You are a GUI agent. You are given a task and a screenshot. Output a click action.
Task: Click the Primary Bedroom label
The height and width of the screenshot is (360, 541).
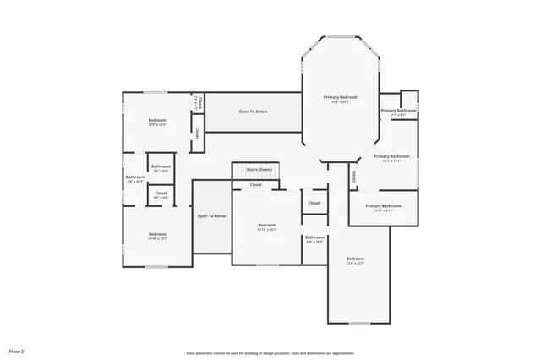[x=341, y=98]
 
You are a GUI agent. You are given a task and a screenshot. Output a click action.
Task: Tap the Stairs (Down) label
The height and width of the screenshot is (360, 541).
[x=259, y=170]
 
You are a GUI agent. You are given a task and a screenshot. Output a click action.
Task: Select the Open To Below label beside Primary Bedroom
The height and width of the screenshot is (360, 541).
[x=254, y=112]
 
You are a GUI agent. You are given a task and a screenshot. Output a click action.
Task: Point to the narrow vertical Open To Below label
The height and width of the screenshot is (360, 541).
[x=211, y=216]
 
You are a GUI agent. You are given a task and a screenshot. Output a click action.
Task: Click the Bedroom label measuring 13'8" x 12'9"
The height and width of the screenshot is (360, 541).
[x=157, y=121]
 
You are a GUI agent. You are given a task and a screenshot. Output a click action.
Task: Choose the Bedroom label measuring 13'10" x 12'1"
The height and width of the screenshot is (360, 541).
[x=157, y=234]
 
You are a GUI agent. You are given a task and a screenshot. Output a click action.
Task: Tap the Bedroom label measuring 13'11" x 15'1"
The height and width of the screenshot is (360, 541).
[x=267, y=226]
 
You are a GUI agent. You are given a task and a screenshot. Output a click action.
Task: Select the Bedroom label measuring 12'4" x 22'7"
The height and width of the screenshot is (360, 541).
[x=355, y=259]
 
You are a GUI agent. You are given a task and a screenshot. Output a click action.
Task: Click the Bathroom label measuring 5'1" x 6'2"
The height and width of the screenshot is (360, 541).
[x=161, y=167]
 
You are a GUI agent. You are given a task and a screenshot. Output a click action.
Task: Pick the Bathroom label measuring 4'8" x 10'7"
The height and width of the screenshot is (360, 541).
[x=135, y=177]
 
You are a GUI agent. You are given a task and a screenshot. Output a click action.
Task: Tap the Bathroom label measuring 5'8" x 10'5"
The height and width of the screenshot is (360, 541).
[x=314, y=238]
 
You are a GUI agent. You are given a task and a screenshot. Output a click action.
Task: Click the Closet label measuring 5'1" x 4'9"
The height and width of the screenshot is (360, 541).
[x=161, y=194]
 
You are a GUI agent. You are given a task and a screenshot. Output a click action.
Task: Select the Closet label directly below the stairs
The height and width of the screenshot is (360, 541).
[x=255, y=184]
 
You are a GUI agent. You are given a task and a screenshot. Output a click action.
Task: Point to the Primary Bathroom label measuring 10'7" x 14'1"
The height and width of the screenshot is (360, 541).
[x=391, y=157]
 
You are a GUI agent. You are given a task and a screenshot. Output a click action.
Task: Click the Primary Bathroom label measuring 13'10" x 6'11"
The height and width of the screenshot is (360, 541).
[x=383, y=207]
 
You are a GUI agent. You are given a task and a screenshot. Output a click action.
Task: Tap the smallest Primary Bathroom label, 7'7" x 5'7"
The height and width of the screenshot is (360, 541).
[x=397, y=111]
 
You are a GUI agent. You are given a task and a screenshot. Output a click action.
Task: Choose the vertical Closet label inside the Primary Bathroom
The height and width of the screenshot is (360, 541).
[x=354, y=176]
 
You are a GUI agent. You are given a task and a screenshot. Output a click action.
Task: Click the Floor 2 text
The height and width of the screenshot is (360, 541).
[x=17, y=350]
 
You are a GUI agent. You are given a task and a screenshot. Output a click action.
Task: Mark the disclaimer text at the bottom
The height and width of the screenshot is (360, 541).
[x=270, y=353]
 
